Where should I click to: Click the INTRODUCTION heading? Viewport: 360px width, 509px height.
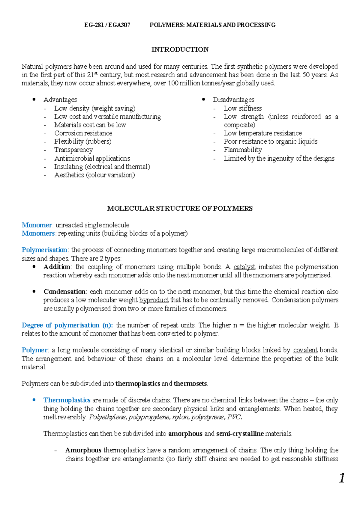pos(180,49)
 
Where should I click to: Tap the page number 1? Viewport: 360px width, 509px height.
pos(342,478)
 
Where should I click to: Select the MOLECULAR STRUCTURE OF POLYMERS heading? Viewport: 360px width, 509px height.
pos(180,208)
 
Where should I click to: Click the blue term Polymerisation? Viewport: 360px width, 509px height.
pos(44,250)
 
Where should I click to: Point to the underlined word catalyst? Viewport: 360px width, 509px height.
pos(244,267)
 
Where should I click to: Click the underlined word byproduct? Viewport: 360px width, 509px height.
pos(154,300)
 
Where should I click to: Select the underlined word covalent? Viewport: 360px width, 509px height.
pos(305,350)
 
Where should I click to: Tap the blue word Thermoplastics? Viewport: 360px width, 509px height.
pos(67,400)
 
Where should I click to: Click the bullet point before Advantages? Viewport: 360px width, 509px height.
pos(34,100)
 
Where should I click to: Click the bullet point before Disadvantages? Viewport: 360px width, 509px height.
pos(204,100)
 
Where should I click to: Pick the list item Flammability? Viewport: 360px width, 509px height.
pos(243,150)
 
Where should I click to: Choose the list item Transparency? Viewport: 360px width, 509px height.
pos(73,150)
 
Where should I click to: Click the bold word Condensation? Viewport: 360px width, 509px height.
pos(64,292)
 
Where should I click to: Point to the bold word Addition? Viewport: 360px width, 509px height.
pos(57,267)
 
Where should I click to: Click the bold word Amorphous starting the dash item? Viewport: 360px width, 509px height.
pos(83,450)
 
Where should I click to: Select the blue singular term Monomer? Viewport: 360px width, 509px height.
pos(37,225)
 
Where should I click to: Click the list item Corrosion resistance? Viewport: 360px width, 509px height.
pos(83,133)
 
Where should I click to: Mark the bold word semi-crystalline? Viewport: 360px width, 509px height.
pos(240,433)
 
